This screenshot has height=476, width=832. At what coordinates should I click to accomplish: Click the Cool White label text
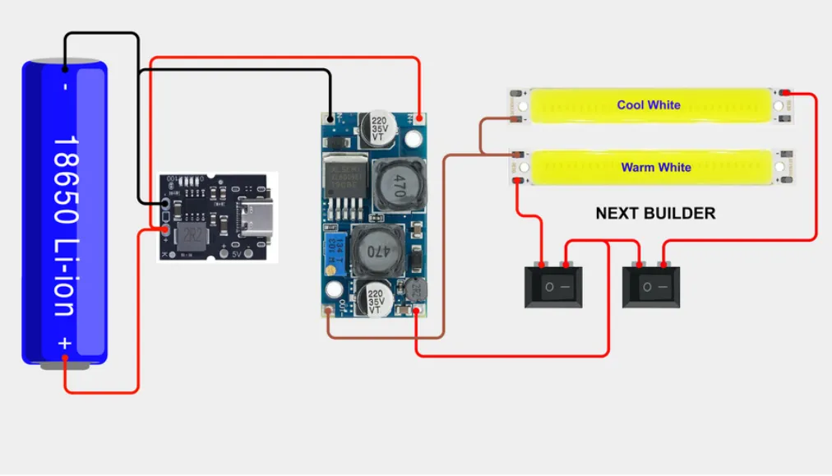[x=649, y=105]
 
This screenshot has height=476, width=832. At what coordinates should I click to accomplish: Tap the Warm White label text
[x=655, y=168]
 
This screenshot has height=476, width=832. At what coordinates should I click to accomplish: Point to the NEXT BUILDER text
[x=655, y=214]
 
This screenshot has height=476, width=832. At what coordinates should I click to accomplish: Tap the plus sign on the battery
[x=65, y=343]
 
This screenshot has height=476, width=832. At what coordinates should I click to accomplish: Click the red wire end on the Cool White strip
[x=785, y=92]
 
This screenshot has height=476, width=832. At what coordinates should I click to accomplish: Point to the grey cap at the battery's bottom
[x=65, y=364]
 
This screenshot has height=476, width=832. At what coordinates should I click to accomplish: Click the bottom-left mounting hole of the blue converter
[x=334, y=290]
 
